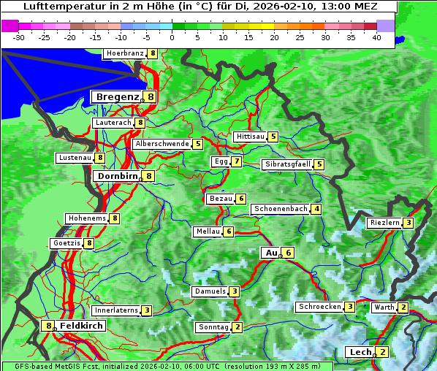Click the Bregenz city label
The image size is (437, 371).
tap(116, 96)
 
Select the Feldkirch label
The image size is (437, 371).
tap(81, 326)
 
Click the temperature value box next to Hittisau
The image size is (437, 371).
tap(273, 137)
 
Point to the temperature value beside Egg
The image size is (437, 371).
tap(237, 161)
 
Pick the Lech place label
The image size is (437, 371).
tap(360, 352)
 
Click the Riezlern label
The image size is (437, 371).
tap(384, 223)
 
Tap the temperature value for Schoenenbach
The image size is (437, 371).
tap(316, 209)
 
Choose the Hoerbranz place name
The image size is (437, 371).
tap(124, 53)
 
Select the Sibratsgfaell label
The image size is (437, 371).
tap(287, 164)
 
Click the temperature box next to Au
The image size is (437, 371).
tap(289, 253)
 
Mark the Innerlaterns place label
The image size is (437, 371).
tap(116, 310)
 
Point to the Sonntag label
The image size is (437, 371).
tap(213, 327)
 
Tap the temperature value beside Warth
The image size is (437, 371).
tap(403, 307)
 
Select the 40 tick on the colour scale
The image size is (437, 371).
tap(376, 37)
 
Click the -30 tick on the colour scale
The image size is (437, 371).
tap(19, 37)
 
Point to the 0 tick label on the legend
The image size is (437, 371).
tap(172, 37)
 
